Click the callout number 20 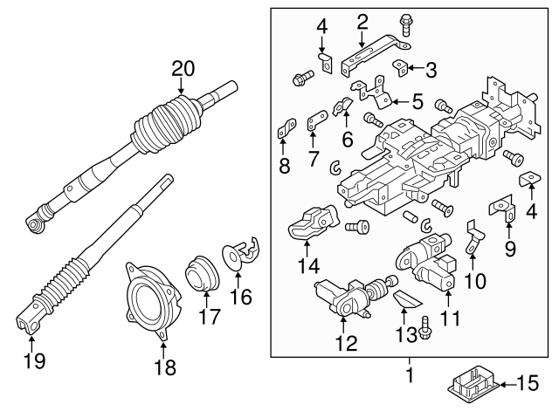(182, 68)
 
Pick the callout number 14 (308, 267)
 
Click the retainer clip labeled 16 (243, 252)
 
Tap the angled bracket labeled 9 (501, 210)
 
